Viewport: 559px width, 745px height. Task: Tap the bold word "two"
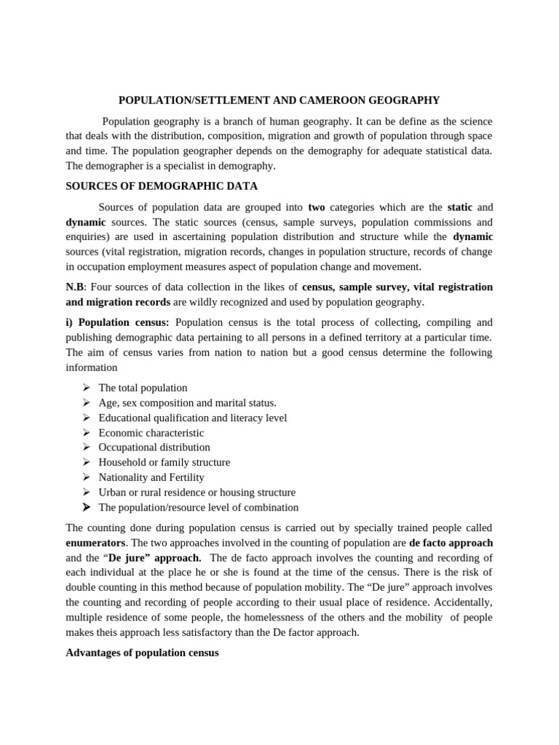pyautogui.click(x=316, y=207)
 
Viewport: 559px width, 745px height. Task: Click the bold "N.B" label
pyautogui.click(x=75, y=287)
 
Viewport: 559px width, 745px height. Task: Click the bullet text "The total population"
pyautogui.click(x=143, y=388)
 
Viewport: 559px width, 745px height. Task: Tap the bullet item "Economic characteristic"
pyautogui.click(x=151, y=433)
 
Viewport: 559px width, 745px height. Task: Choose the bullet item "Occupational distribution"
pyautogui.click(x=154, y=447)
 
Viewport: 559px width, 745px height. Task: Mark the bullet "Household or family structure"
pyautogui.click(x=164, y=462)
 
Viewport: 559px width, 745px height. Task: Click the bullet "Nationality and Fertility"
pyautogui.click(x=151, y=477)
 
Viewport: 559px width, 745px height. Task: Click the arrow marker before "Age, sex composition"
pyautogui.click(x=86, y=402)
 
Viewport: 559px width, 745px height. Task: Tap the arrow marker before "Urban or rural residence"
pyautogui.click(x=86, y=492)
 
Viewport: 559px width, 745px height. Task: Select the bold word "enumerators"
pyautogui.click(x=96, y=543)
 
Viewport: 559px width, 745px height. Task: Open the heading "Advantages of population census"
pyautogui.click(x=142, y=653)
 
